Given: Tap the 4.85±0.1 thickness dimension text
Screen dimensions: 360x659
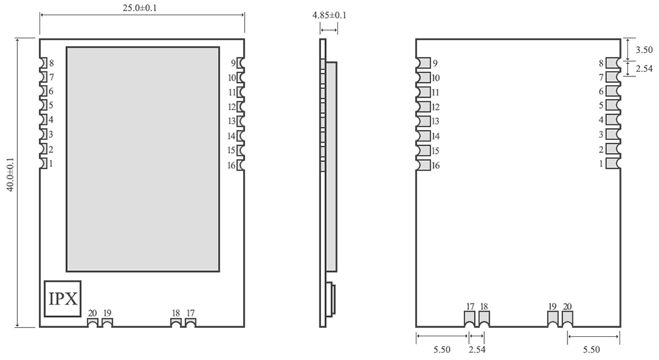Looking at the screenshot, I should coord(329,15).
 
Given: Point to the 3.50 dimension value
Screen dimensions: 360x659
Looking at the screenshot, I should coord(644,49).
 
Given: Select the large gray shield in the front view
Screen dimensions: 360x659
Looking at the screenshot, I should coord(142,159).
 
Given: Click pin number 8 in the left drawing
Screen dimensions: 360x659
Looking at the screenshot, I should coord(51,63).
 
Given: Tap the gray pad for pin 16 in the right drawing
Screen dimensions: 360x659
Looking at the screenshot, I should coord(424,165).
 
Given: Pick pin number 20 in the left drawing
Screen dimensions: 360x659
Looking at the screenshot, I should coord(92,313).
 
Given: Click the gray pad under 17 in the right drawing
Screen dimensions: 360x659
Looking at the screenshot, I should coord(470,318).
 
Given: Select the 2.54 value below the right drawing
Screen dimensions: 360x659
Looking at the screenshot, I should coord(477,350).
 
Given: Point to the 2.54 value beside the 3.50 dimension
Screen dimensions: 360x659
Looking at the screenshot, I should coord(644,68).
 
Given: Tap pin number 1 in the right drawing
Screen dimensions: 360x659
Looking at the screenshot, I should coord(601,164).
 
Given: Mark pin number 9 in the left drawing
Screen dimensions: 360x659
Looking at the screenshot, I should coord(233,63).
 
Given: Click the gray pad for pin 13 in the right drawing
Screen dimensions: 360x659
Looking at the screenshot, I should coord(424,121).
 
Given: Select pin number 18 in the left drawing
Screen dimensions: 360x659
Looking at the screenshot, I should coord(176,313).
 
